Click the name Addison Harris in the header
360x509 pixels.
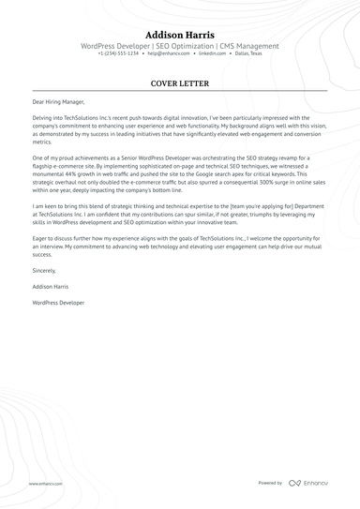coord(179,34)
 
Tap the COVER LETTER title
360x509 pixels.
coord(179,83)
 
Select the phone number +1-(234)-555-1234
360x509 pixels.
coord(118,53)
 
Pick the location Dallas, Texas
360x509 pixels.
coord(248,53)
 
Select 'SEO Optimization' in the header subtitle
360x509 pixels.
coord(187,45)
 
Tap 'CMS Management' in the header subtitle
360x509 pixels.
coord(249,45)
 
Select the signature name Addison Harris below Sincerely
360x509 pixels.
coord(51,286)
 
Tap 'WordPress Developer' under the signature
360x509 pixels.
coord(57,303)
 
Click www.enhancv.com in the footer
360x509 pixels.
coord(44,484)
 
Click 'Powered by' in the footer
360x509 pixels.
coord(270,483)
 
